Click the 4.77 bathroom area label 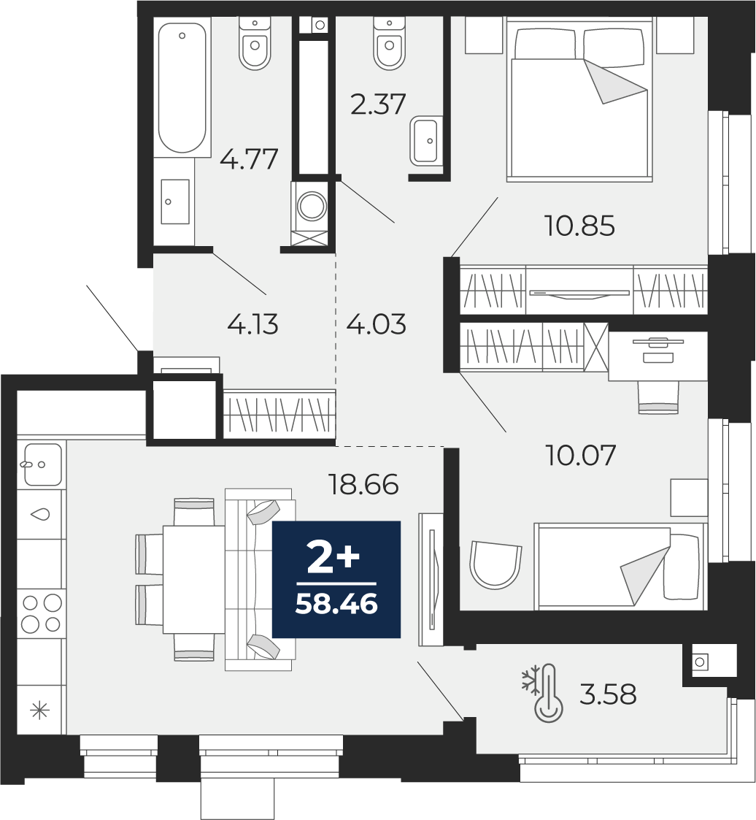coord(249,158)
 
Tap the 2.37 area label coord(377,104)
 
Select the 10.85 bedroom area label coord(580,226)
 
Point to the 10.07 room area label coord(581,456)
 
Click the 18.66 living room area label coord(364,483)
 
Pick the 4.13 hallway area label coord(252,323)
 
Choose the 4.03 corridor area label coord(376,323)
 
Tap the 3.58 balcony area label coord(608,694)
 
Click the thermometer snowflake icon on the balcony coord(543,693)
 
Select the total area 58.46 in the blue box coord(336,604)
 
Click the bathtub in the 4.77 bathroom coord(182,87)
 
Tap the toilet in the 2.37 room coord(389,44)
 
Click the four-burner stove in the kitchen coord(41,613)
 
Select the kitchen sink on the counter coord(42,464)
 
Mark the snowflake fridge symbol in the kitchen coord(39,709)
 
